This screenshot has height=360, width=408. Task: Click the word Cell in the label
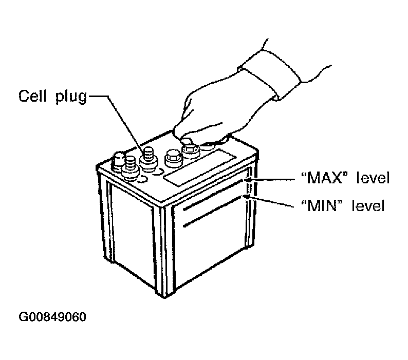tap(32, 96)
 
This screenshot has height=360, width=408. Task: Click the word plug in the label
tap(71, 97)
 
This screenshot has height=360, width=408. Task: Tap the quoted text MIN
tap(321, 205)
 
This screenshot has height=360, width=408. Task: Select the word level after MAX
tap(373, 178)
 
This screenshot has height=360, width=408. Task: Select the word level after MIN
tap(368, 205)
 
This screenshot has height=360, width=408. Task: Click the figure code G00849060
tap(52, 317)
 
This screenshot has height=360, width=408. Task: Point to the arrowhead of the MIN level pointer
tap(247, 197)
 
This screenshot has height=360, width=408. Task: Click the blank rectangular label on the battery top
tap(200, 168)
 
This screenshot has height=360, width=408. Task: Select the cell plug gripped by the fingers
tap(191, 150)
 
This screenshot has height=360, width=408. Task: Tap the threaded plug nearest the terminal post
tap(131, 168)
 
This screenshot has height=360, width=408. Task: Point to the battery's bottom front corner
tap(164, 296)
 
